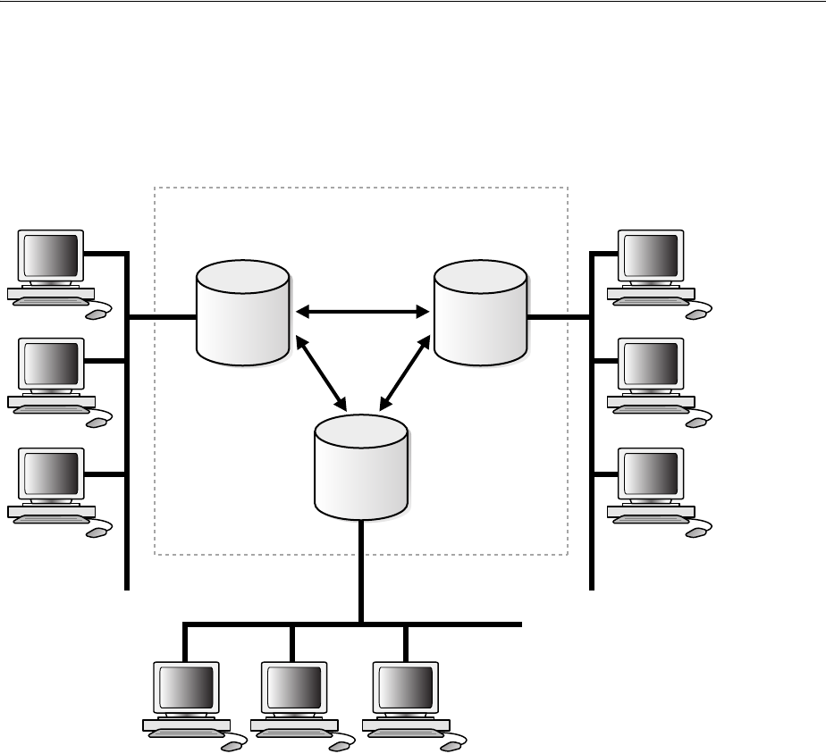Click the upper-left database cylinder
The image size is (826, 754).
pyautogui.click(x=242, y=313)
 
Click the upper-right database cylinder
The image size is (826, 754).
pyautogui.click(x=480, y=313)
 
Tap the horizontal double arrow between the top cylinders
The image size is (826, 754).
pyautogui.click(x=362, y=312)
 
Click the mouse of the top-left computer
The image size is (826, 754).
pyautogui.click(x=94, y=314)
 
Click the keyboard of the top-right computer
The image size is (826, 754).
pyautogui.click(x=651, y=302)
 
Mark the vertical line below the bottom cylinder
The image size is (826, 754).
pyautogui.click(x=361, y=572)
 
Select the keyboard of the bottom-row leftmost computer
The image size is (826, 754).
pyautogui.click(x=186, y=733)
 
